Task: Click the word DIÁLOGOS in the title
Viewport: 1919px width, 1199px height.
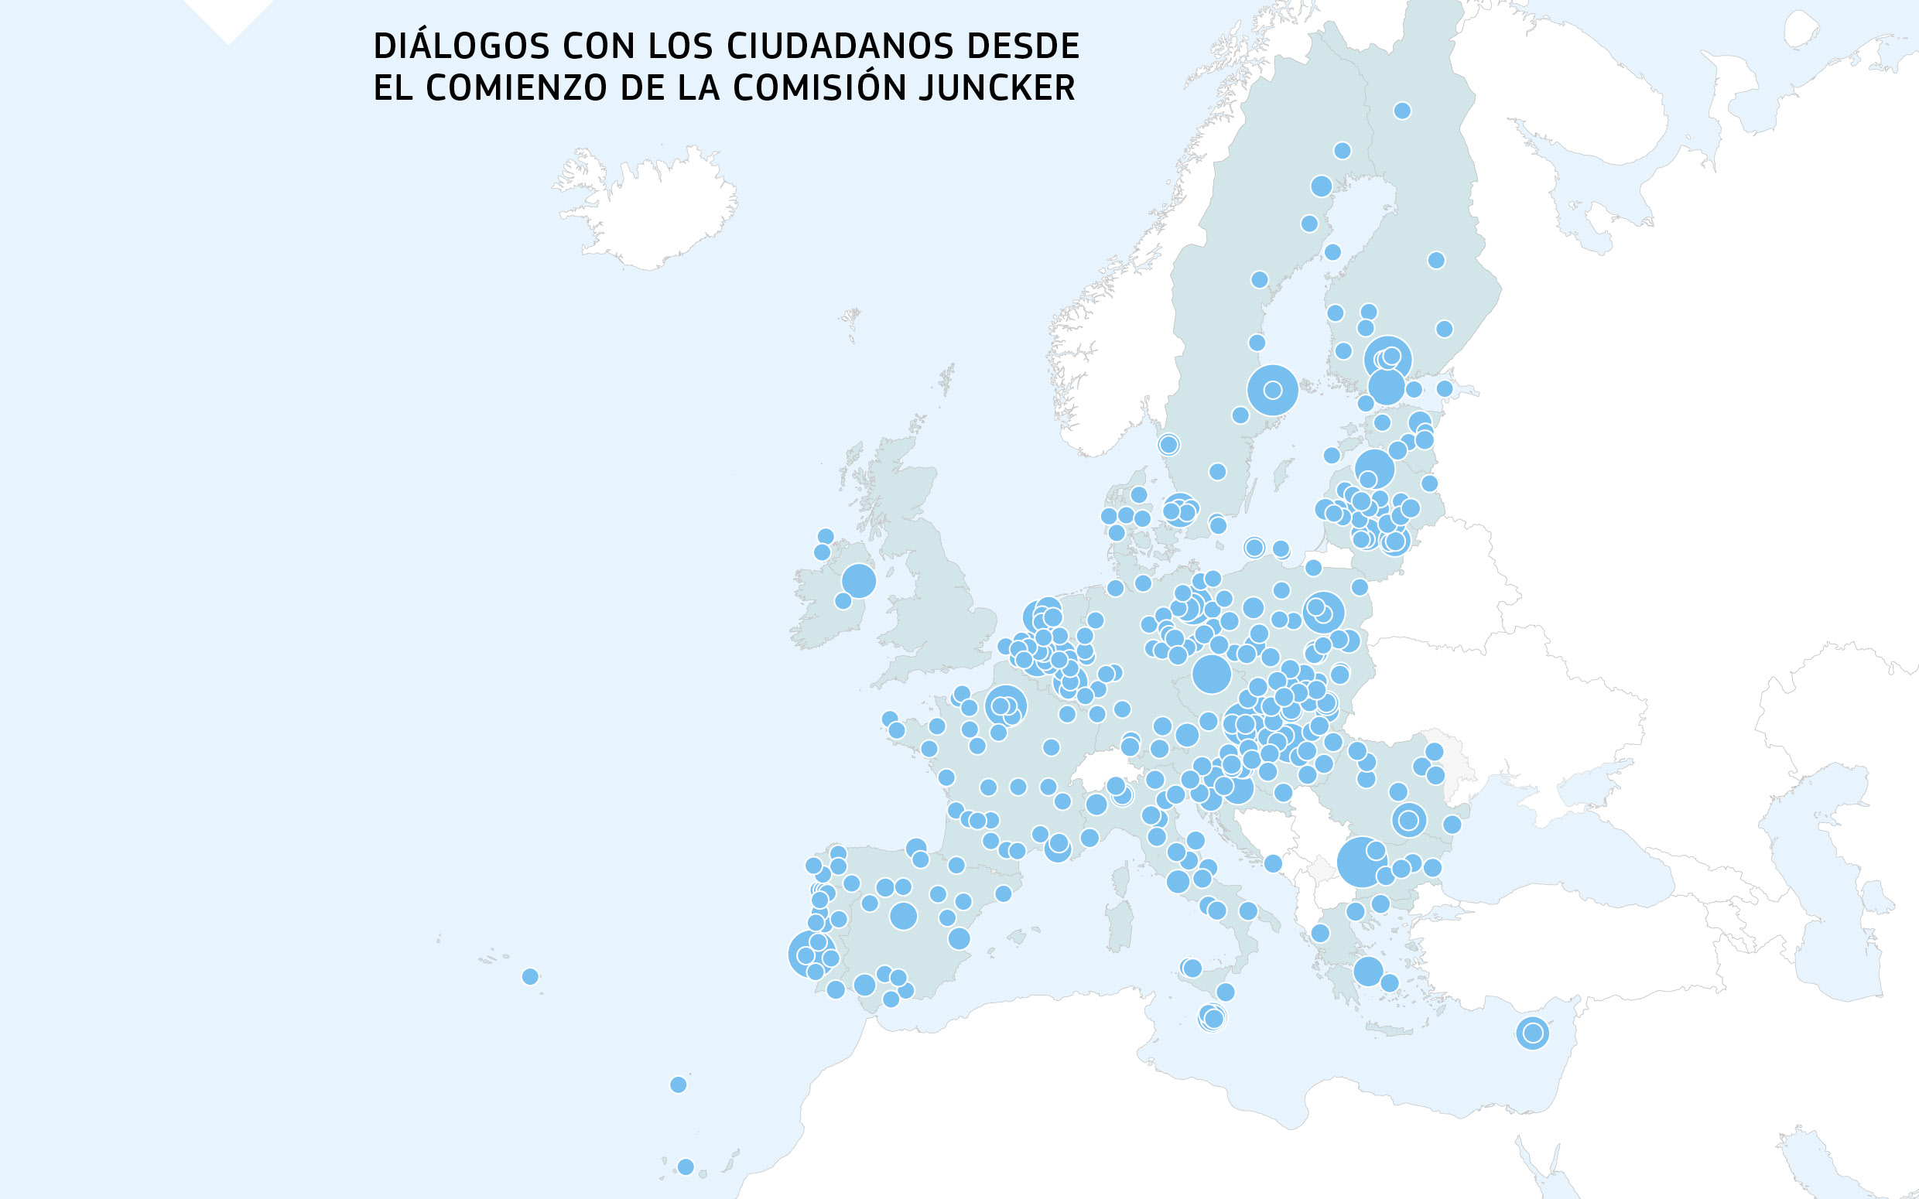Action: click(460, 46)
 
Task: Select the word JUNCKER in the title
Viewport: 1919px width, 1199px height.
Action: click(997, 88)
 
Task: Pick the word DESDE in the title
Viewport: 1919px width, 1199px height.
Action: click(1023, 46)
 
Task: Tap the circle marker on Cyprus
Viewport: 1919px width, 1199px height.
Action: click(1532, 1033)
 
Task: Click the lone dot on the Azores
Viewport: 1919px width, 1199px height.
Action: click(531, 976)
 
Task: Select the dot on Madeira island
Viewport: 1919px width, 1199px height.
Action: click(678, 1084)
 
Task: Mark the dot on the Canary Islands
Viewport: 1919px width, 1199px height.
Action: click(686, 1167)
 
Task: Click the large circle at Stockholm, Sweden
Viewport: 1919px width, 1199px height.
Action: click(1272, 389)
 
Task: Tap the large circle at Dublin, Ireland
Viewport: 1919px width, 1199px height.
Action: click(858, 580)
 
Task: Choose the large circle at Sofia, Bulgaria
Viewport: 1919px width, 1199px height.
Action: click(1361, 862)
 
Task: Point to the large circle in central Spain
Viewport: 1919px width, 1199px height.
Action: click(903, 916)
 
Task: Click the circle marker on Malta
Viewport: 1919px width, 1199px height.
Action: click(1212, 1017)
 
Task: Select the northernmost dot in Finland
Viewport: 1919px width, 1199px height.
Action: click(1402, 110)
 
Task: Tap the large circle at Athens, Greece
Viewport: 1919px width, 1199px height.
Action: click(1368, 971)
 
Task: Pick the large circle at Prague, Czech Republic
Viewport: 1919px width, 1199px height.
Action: click(1211, 674)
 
